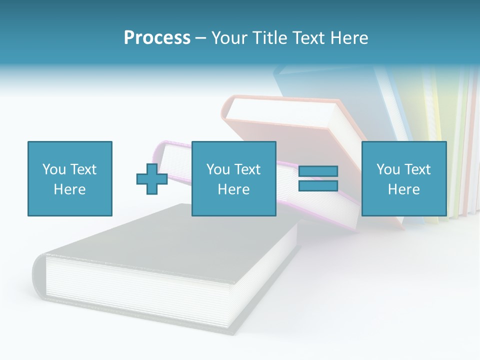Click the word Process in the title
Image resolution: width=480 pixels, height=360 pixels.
[157, 38]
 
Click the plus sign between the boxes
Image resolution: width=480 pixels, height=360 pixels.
[152, 178]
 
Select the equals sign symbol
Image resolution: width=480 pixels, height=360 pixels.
[318, 178]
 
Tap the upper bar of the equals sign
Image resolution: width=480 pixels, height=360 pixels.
[318, 171]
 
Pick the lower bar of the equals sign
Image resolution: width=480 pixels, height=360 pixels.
[318, 185]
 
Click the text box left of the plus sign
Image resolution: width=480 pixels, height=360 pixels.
[69, 178]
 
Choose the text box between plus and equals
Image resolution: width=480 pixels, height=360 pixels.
[233, 178]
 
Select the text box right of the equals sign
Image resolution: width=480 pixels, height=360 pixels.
[403, 178]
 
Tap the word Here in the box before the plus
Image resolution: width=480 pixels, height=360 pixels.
[69, 189]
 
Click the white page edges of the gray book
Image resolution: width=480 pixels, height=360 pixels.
[135, 290]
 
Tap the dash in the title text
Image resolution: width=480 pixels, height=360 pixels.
[201, 38]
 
